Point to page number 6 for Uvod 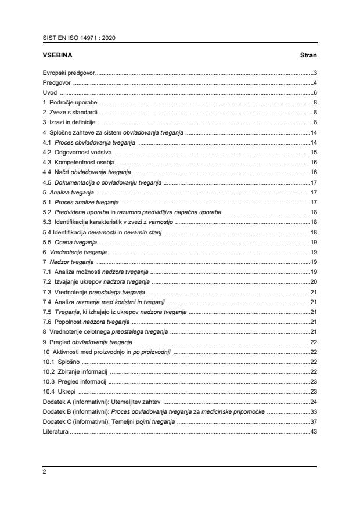tap(315, 92)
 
